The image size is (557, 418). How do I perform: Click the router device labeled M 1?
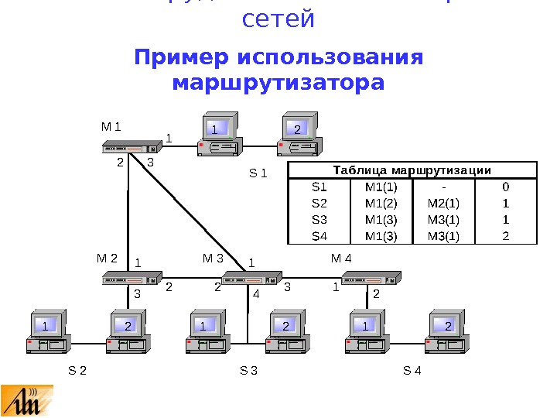[128, 147]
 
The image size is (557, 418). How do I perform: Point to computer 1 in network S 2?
[49, 333]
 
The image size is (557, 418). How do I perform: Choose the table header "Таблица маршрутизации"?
[412, 170]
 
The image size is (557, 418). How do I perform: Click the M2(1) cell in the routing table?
[443, 204]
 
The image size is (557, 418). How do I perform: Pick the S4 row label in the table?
[320, 236]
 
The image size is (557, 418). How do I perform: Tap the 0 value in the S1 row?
[505, 187]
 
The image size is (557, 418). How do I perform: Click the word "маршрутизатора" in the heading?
[278, 81]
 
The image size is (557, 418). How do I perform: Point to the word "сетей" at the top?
[278, 19]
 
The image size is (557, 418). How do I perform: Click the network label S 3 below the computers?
[248, 371]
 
